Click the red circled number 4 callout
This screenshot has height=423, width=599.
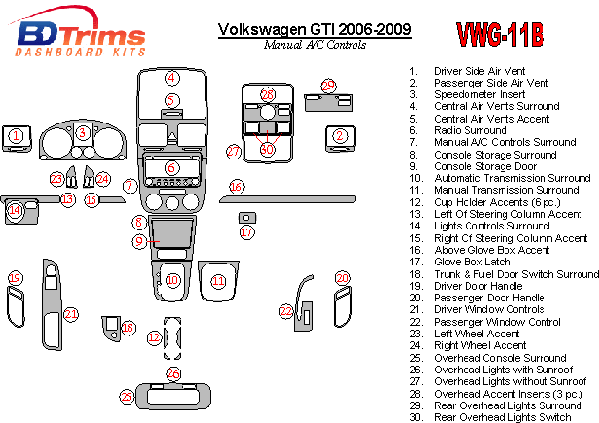[171, 78]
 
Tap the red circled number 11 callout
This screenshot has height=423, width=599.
[218, 281]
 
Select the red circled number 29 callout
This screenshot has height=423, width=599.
[328, 87]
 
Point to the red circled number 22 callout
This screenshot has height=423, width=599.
[285, 311]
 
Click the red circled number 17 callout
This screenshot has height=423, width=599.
[246, 232]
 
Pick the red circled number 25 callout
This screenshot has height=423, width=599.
[126, 396]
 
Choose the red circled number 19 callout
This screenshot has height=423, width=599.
[15, 279]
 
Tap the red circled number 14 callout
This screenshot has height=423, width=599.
[14, 209]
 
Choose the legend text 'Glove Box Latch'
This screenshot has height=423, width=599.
[473, 262]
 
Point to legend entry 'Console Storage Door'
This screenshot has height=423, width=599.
[484, 166]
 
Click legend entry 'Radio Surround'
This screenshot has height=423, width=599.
[470, 130]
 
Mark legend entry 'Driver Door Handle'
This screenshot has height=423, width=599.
[477, 286]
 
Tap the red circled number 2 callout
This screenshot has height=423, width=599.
[340, 135]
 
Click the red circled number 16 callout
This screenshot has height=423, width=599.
[236, 186]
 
